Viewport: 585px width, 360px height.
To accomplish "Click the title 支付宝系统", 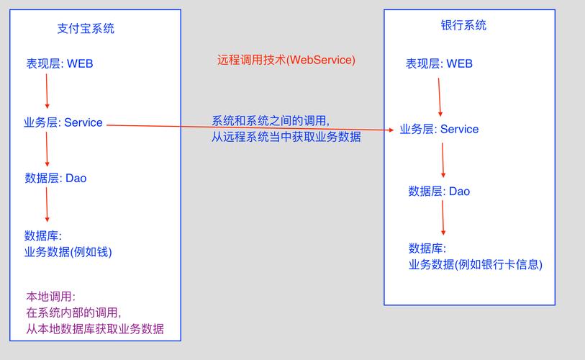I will pos(86,29).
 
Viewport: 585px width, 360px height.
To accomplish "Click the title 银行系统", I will pos(463,25).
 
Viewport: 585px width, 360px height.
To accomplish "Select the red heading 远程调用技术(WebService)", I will pos(286,60).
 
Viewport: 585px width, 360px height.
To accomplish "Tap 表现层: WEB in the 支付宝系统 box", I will pos(60,63).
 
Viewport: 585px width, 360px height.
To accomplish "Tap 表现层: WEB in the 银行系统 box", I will pos(439,63).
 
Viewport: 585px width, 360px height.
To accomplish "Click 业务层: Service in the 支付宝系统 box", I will pos(63,122).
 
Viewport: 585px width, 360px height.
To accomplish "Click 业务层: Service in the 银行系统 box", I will pos(439,130).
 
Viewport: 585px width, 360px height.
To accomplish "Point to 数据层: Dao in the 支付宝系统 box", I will pos(55,178).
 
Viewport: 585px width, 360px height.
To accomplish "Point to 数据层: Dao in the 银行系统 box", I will pos(439,191).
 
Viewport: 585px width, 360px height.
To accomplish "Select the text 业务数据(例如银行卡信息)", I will pos(476,264).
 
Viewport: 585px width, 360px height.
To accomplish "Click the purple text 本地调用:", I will pos(51,297).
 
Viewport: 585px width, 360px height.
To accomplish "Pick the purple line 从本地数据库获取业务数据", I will pos(95,329).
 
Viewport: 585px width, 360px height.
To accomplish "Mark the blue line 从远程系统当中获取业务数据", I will pos(286,137).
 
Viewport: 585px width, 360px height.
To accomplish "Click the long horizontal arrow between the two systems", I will pos(252,127).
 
